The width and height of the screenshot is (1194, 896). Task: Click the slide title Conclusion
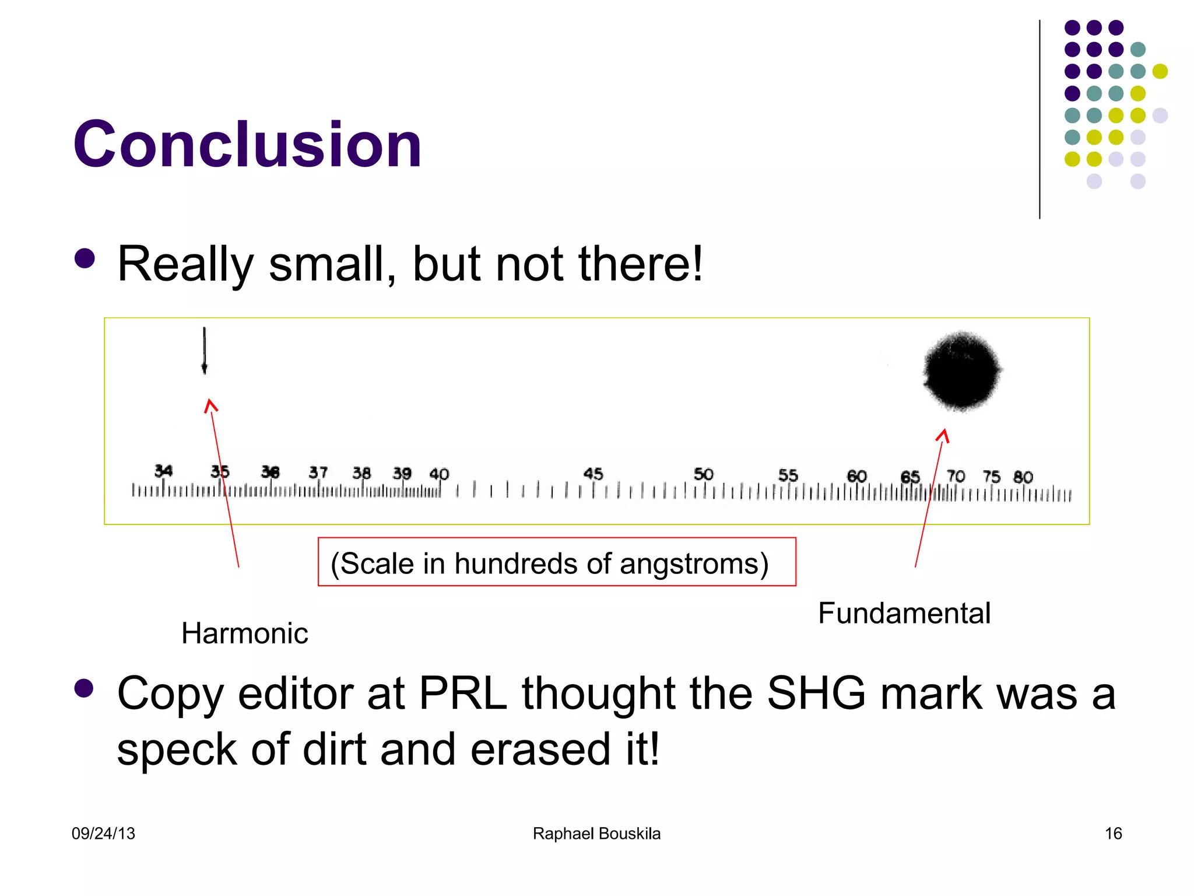click(x=247, y=144)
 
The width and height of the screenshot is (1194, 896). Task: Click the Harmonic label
click(x=244, y=633)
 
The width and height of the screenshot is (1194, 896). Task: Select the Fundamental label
click(x=904, y=613)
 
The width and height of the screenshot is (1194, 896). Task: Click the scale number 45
click(x=593, y=474)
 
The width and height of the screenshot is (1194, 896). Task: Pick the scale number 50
click(x=703, y=474)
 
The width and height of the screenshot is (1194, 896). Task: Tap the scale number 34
click(x=163, y=470)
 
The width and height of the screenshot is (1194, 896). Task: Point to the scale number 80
click(x=1023, y=477)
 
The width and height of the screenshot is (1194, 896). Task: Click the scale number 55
click(x=788, y=475)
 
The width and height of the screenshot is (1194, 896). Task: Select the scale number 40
click(x=439, y=474)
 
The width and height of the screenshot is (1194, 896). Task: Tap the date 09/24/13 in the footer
click(x=103, y=834)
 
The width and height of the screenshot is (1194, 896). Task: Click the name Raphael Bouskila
click(x=596, y=834)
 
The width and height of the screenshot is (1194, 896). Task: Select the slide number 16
click(x=1113, y=834)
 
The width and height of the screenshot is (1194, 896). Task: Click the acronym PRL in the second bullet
click(x=463, y=694)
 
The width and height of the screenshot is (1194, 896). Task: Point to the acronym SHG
click(x=816, y=694)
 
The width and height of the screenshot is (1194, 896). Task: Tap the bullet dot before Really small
click(x=85, y=259)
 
